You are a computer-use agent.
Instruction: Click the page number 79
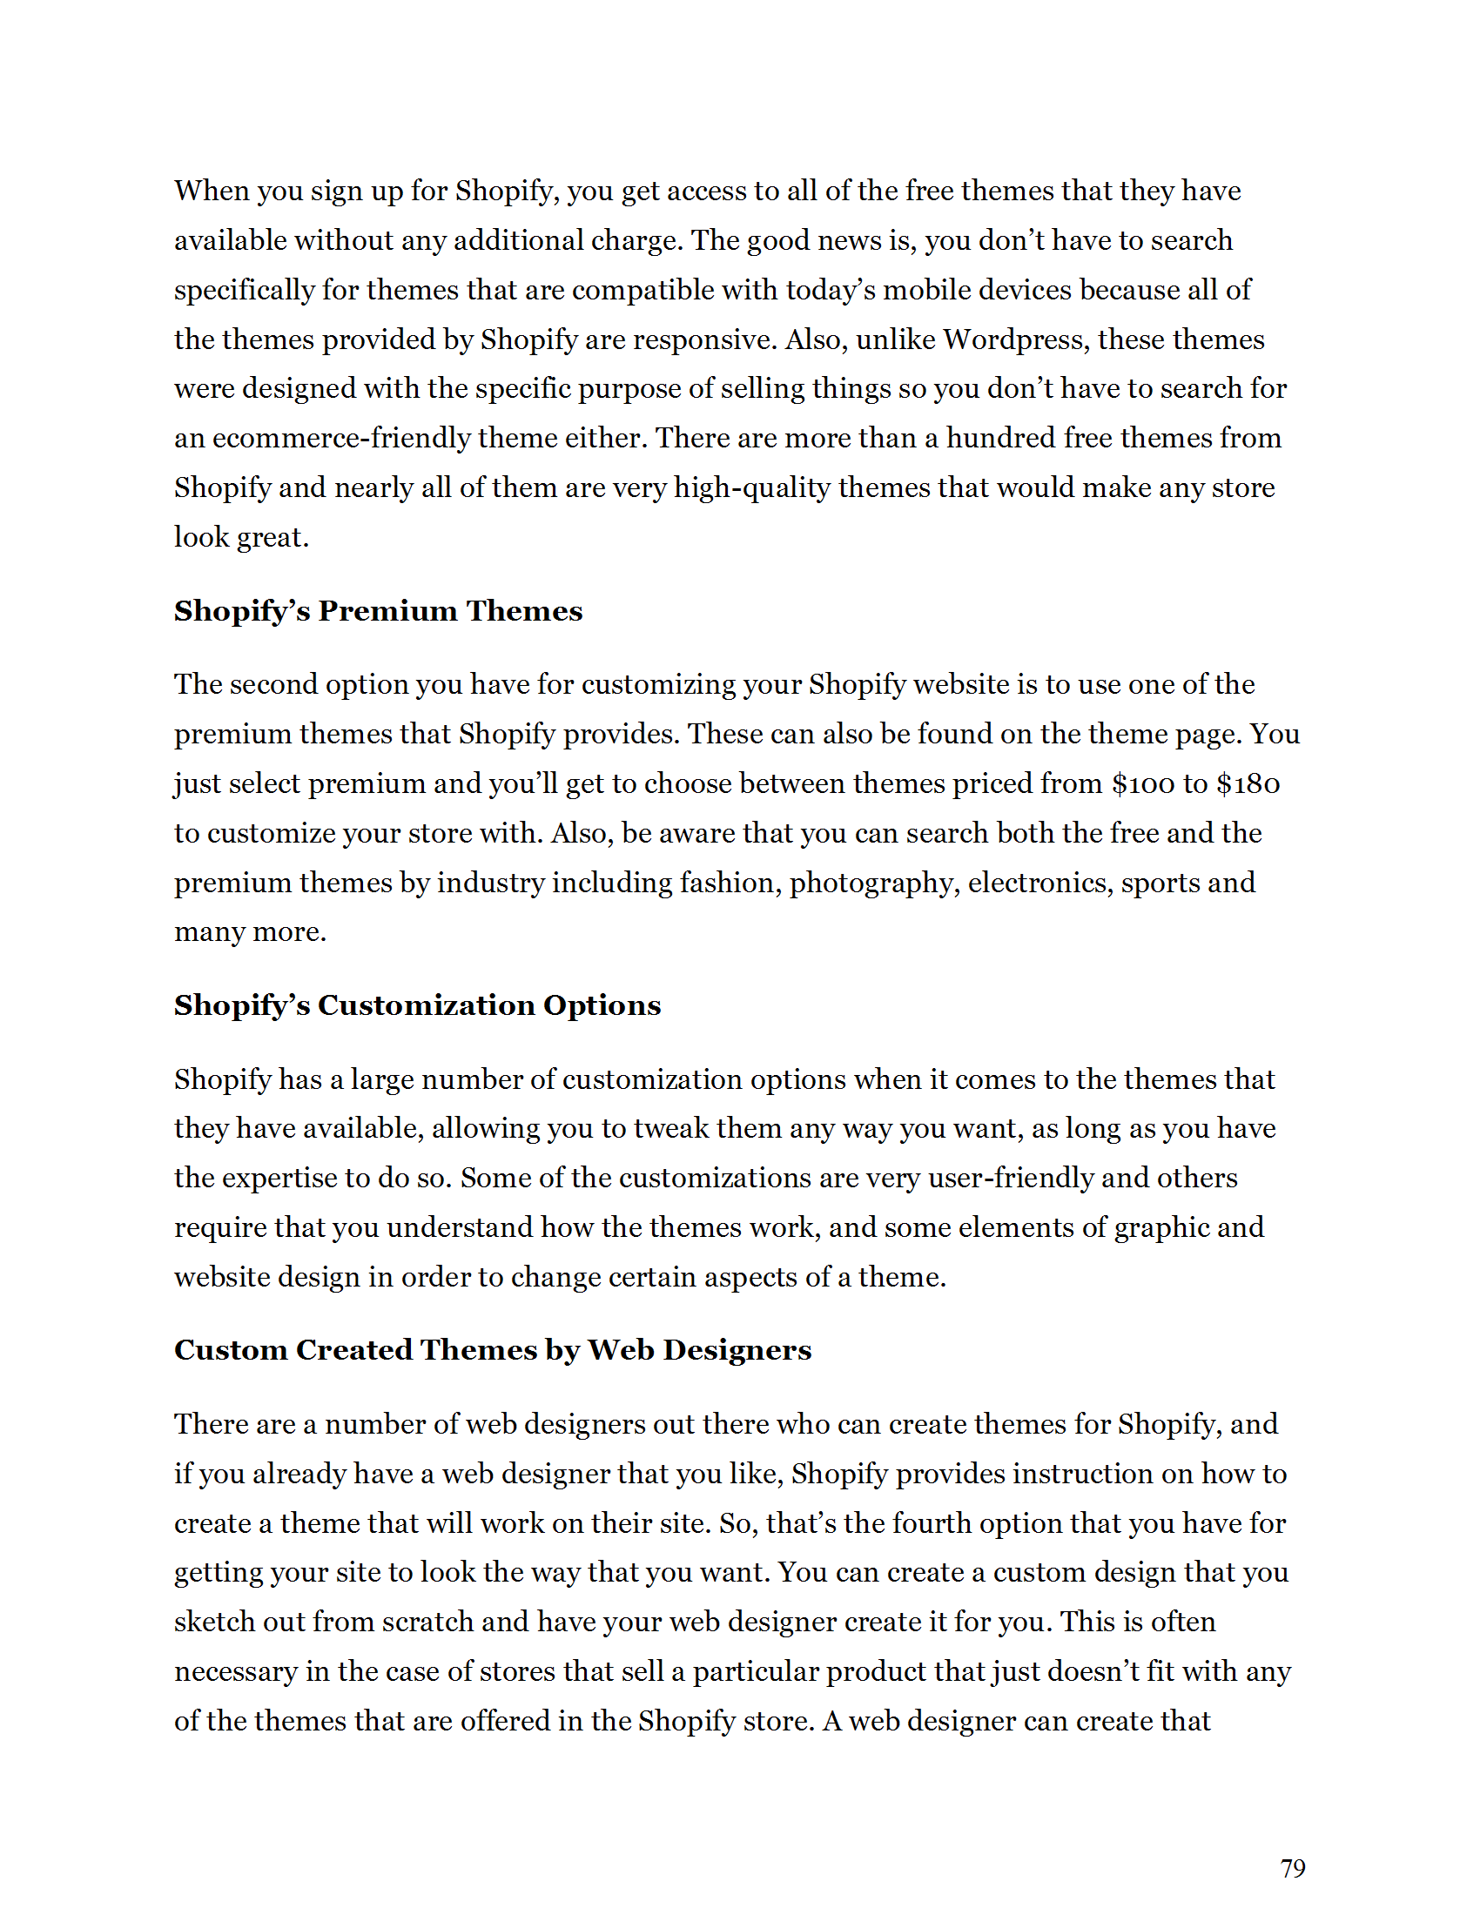(1292, 1869)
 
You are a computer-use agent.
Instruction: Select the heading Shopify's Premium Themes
(378, 611)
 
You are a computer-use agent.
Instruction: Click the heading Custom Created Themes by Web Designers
(493, 1349)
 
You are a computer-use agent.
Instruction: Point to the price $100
(1143, 783)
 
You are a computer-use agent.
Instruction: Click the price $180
(1248, 783)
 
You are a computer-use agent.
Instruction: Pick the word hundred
(1000, 438)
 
